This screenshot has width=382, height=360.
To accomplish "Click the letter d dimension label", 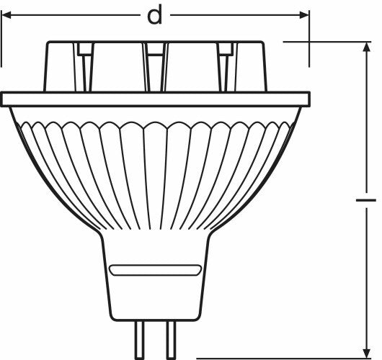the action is tap(155, 15).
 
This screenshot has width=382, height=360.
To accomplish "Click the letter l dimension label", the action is tap(366, 200).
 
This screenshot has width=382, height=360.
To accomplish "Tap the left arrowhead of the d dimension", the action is tap(6, 15).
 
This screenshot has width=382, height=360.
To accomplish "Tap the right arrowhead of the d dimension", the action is tap(305, 15).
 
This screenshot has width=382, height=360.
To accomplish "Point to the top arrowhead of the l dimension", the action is tap(366, 47).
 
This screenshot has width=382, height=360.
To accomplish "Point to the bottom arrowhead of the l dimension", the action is tap(366, 354).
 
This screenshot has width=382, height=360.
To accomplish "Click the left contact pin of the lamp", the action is tap(140, 341).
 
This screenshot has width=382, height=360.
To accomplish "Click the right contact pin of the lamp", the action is tap(171, 341).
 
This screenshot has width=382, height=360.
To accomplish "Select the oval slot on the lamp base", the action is tap(155, 270).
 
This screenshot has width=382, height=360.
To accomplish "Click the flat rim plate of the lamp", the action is tap(155, 99).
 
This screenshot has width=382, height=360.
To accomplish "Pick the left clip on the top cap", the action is tap(85, 67).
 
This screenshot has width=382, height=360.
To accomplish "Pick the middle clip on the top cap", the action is tap(156, 67).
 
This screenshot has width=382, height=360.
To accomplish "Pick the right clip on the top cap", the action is tap(227, 67).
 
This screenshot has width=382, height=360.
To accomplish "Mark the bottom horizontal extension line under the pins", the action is tap(284, 359).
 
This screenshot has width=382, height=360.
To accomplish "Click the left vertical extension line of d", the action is tap(1, 38).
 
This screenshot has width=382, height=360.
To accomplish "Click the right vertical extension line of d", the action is tap(309, 38).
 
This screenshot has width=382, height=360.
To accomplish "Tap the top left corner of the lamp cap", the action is tap(48, 42).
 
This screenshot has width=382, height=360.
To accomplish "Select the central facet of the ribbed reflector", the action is tap(156, 175).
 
